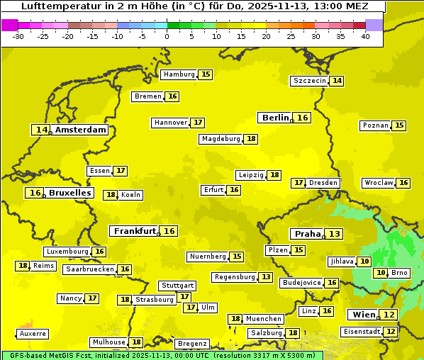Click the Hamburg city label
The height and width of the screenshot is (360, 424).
179,74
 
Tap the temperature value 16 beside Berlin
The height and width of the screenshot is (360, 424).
303,118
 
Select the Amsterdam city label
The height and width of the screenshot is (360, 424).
81,130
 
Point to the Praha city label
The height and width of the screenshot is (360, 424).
308,234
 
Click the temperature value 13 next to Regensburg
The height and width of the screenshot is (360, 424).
266,277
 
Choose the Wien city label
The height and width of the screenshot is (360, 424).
363,315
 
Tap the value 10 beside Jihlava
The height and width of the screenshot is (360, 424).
364,261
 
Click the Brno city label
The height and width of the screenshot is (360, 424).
400,273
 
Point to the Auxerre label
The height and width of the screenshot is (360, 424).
33,333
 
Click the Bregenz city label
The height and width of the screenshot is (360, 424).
192,343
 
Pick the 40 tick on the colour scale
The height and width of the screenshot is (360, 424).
365,36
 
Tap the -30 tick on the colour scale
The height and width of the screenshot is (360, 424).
18,36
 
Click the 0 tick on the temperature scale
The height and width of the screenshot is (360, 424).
167,36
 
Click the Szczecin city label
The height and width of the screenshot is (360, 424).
310,81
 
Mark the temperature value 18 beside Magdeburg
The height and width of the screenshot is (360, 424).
252,139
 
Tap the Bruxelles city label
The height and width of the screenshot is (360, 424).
69,193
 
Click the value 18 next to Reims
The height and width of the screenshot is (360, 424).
23,266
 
